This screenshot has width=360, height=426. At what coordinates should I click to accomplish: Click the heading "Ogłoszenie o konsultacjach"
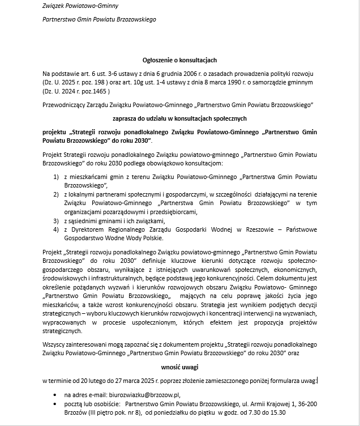[x=179, y=59]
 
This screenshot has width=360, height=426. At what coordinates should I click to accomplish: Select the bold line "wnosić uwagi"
[x=179, y=367]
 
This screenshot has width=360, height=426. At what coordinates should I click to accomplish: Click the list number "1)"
[x=56, y=177]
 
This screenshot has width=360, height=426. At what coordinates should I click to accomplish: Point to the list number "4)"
[x=56, y=229]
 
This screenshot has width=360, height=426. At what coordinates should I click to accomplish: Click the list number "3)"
[x=56, y=220]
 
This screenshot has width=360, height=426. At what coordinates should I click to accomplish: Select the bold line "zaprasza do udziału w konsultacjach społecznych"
[x=179, y=118]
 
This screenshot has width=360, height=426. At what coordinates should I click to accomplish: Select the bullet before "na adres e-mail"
[x=54, y=394]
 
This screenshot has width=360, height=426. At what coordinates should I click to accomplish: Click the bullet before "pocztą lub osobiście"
[x=54, y=404]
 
